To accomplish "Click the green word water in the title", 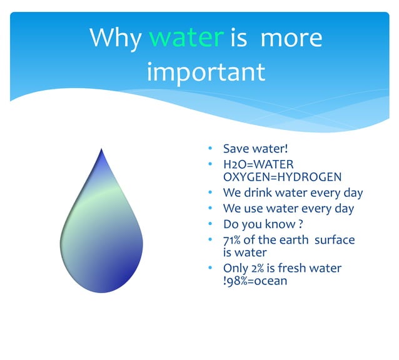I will pos(186,38).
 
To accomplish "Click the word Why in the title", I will pos(116,38).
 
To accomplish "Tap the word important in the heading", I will pos(206,72).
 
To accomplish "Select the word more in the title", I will pos(291,38).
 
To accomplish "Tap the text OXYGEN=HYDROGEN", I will pos(282,177).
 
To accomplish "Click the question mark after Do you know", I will pos(301,224).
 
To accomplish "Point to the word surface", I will pos(335,239).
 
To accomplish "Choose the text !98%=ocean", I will pos(255,281).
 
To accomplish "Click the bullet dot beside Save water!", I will pos(211,149).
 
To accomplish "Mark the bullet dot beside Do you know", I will pos(211,224).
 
